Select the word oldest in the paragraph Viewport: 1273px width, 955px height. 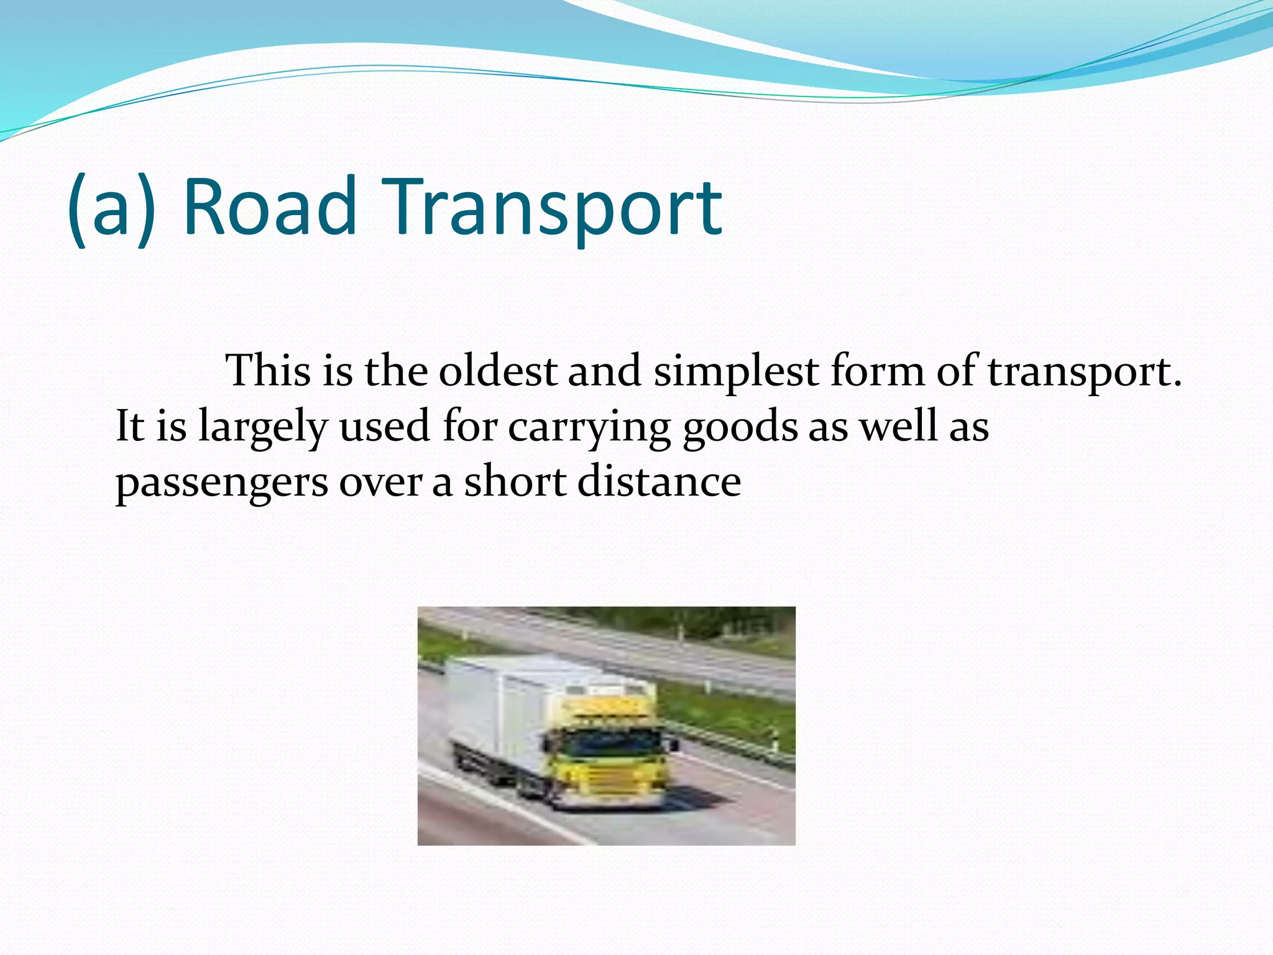(497, 371)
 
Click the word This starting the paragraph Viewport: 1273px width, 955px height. (268, 371)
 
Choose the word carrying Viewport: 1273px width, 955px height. (589, 427)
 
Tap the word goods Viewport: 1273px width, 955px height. (740, 427)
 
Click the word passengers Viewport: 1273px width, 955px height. (221, 483)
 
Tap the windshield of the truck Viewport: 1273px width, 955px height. (612, 743)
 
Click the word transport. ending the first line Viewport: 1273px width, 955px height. (1084, 371)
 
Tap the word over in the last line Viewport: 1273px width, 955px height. (380, 483)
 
